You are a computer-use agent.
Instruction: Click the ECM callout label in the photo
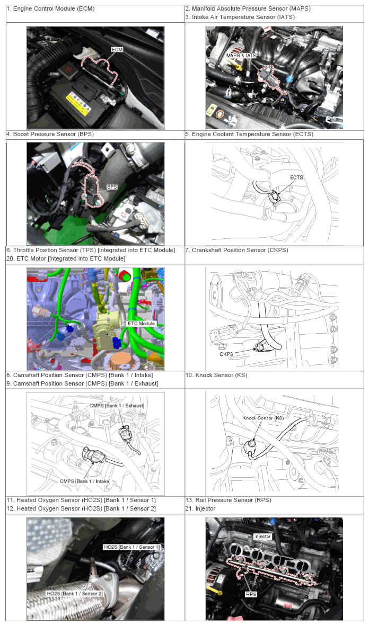[117, 49]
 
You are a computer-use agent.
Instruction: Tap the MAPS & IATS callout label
[241, 56]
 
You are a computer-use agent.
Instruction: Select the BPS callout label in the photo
[111, 186]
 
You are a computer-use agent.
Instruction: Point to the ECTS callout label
[297, 177]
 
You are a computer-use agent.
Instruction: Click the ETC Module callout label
[141, 324]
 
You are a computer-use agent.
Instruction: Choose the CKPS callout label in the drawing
[226, 354]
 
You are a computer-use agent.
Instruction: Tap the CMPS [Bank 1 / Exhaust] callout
[117, 406]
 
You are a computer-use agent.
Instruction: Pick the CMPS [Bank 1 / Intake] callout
[85, 481]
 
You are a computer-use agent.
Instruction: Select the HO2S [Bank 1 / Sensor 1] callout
[131, 547]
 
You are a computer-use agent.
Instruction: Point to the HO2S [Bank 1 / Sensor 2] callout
[75, 594]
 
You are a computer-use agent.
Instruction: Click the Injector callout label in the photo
[262, 536]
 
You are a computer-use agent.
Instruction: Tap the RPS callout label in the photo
[251, 594]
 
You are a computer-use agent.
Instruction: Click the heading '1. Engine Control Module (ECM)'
[50, 8]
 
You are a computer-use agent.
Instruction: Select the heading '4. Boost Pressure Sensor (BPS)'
[50, 134]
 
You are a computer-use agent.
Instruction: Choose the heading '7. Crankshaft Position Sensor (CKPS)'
[236, 251]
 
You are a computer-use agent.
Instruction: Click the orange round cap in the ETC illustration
[122, 359]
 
